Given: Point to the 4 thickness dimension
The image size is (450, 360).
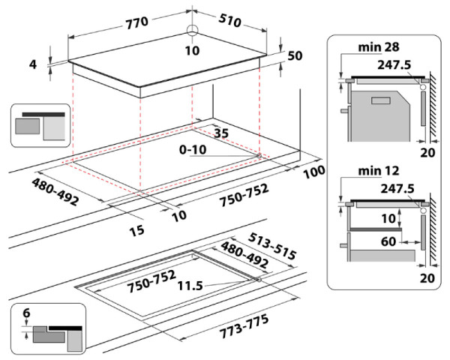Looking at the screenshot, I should [x=34, y=64].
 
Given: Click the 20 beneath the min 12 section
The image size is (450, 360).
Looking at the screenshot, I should [x=428, y=277].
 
